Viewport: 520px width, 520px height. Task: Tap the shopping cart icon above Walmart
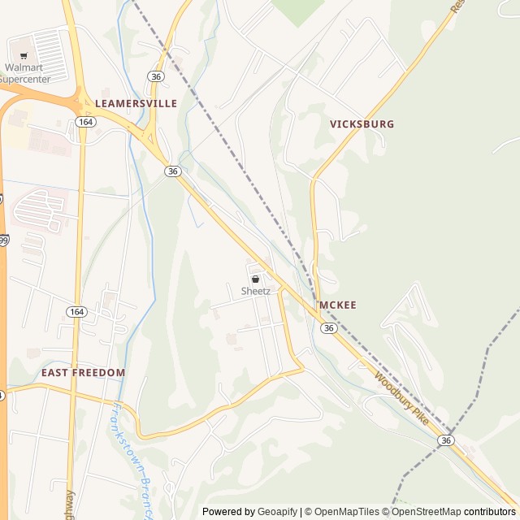[x=24, y=56]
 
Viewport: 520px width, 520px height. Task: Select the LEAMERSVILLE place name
[x=136, y=104]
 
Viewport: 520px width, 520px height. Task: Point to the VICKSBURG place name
[x=362, y=124]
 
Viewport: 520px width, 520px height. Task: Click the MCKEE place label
[x=338, y=305]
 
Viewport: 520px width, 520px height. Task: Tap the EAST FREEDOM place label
[x=84, y=373]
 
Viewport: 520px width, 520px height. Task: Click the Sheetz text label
[x=255, y=291]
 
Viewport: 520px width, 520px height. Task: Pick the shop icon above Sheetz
[x=255, y=279]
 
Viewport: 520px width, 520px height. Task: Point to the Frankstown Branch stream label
[x=132, y=461]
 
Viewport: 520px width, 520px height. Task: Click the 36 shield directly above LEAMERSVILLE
[x=156, y=76]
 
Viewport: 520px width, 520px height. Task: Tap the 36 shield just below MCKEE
[x=328, y=328]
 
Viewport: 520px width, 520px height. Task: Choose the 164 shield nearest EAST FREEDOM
[x=76, y=312]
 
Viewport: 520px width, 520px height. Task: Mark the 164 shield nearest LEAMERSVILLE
[x=85, y=121]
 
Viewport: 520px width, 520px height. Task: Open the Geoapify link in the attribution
[x=277, y=512]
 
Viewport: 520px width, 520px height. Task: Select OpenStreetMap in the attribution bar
[x=427, y=512]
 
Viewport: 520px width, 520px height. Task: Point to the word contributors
[x=490, y=512]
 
